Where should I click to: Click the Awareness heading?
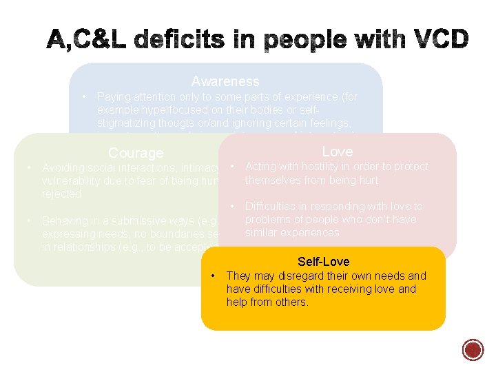225,82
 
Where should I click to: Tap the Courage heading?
136,153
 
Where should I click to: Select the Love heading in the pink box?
337,152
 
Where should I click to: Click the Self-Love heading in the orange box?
323,262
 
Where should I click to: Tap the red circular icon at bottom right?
473,349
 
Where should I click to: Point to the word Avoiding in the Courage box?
63,167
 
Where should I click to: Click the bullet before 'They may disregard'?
214,276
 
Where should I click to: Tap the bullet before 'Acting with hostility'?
234,167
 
